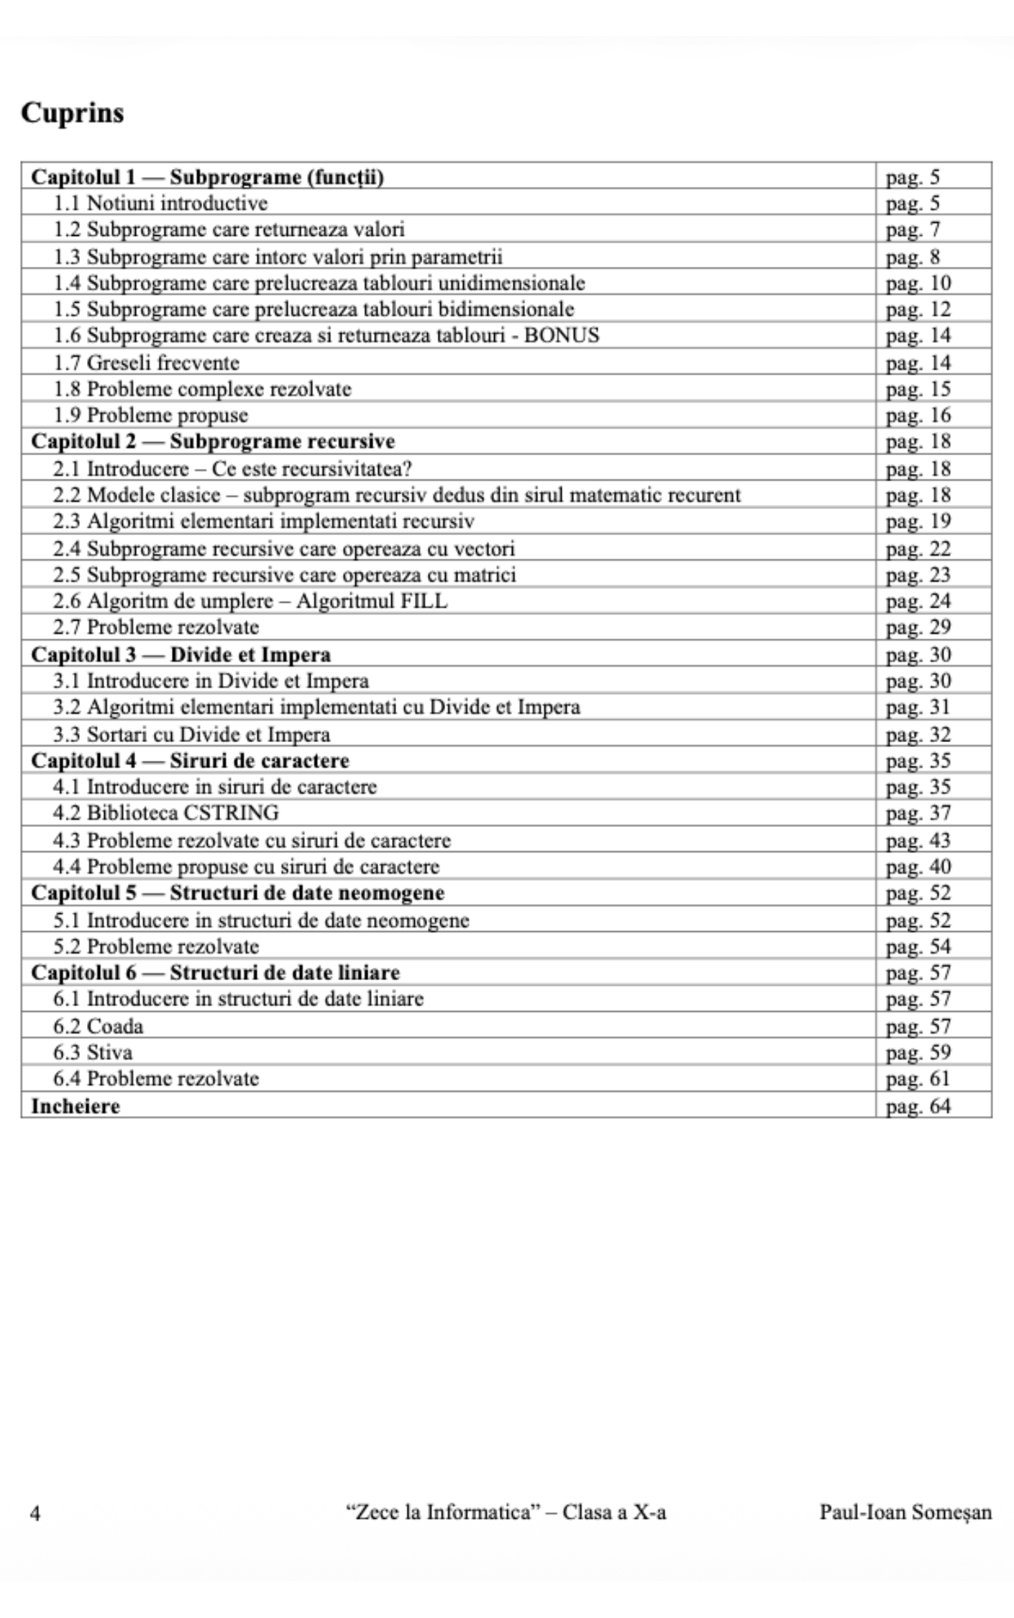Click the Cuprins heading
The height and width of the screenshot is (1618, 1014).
pyautogui.click(x=72, y=113)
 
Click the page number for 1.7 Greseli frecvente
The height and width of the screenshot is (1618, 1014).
pyautogui.click(x=918, y=362)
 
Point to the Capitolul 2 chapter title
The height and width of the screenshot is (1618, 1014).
pyautogui.click(x=213, y=441)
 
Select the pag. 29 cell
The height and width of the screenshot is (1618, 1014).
pyautogui.click(x=918, y=628)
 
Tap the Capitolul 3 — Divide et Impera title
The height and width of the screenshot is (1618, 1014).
pyautogui.click(x=181, y=654)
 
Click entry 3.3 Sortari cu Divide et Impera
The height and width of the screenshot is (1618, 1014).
pyautogui.click(x=191, y=734)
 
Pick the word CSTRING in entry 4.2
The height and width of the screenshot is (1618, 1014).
pyautogui.click(x=231, y=813)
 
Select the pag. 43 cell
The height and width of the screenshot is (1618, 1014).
pyautogui.click(x=918, y=840)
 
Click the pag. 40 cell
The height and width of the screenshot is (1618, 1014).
pyautogui.click(x=918, y=867)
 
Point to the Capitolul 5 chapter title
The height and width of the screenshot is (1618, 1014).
pyautogui.click(x=237, y=893)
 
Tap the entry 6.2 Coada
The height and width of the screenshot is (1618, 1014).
pyautogui.click(x=98, y=1026)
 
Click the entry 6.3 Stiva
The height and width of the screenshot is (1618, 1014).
pyautogui.click(x=93, y=1053)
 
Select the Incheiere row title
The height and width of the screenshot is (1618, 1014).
pyautogui.click(x=76, y=1106)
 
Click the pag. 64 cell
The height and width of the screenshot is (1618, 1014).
pyautogui.click(x=918, y=1106)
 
